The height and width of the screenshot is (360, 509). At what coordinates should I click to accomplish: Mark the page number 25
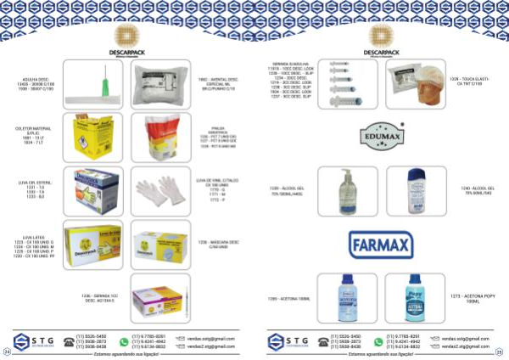(x=501, y=352)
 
